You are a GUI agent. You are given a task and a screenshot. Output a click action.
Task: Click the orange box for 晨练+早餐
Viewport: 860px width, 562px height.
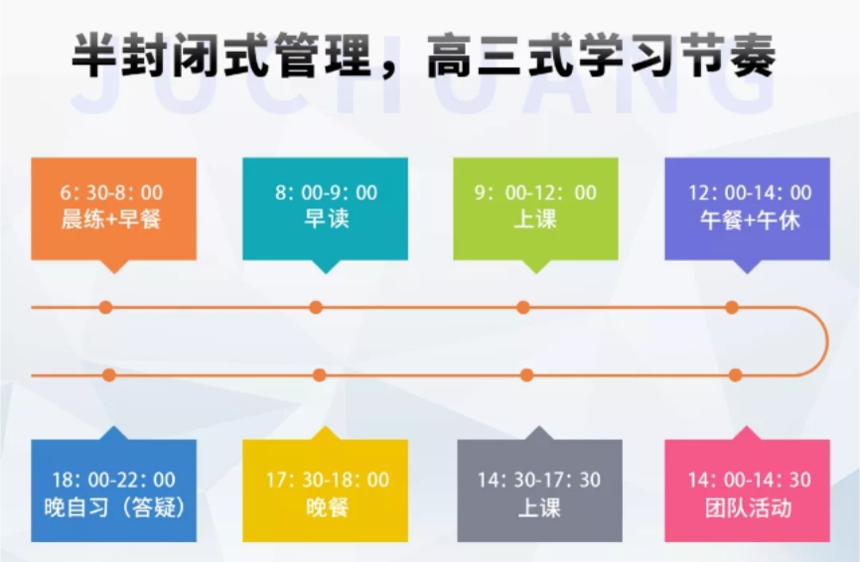(x=113, y=209)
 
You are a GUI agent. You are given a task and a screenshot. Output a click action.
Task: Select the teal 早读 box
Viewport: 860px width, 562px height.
(x=325, y=209)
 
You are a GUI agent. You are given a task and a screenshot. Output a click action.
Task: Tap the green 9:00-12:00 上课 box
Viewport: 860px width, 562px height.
(x=535, y=209)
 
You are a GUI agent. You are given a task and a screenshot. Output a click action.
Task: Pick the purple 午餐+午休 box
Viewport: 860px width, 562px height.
(x=747, y=209)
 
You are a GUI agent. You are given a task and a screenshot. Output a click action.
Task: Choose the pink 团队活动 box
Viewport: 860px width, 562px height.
(x=747, y=492)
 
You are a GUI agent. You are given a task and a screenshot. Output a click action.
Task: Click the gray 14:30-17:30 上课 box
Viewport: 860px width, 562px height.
(x=539, y=492)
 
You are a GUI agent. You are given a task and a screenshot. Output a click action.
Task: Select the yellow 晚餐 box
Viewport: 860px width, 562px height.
(x=325, y=492)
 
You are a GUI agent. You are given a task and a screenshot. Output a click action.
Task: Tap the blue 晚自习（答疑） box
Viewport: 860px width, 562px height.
(x=113, y=492)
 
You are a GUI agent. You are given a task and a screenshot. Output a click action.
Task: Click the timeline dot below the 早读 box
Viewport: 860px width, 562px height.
(x=316, y=308)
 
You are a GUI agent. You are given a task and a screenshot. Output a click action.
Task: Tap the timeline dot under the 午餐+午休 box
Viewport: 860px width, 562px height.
(x=732, y=308)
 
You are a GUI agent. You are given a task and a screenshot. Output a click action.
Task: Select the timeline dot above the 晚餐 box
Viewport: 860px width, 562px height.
(x=320, y=375)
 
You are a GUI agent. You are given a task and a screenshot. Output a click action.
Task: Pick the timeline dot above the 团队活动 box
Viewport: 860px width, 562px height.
(x=736, y=375)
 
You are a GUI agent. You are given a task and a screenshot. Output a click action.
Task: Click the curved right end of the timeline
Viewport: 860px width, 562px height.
(x=825, y=342)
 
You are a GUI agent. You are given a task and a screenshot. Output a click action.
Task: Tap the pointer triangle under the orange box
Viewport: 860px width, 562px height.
(x=114, y=266)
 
